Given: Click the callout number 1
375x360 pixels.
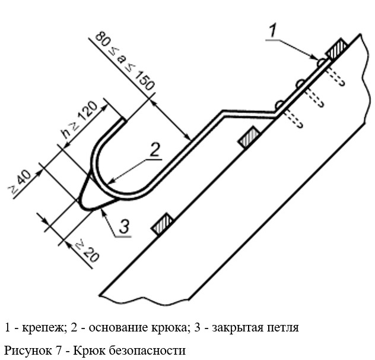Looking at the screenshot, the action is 272,30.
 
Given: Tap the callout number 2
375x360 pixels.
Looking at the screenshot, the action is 155,150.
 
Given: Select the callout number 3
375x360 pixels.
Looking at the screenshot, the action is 124,226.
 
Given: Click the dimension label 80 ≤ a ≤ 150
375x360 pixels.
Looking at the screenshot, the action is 125,61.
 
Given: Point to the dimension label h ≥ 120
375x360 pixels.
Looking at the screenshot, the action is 80,119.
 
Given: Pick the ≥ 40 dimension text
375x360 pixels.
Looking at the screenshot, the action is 20,182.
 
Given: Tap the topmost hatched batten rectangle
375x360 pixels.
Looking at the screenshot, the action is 336,49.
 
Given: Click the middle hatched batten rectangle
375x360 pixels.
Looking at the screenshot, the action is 249,137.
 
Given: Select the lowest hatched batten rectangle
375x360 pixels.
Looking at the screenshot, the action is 163,224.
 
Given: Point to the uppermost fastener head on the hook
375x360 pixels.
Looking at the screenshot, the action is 321,62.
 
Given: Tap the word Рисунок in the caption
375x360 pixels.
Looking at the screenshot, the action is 28,350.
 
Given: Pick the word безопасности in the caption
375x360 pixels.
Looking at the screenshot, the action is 147,350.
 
